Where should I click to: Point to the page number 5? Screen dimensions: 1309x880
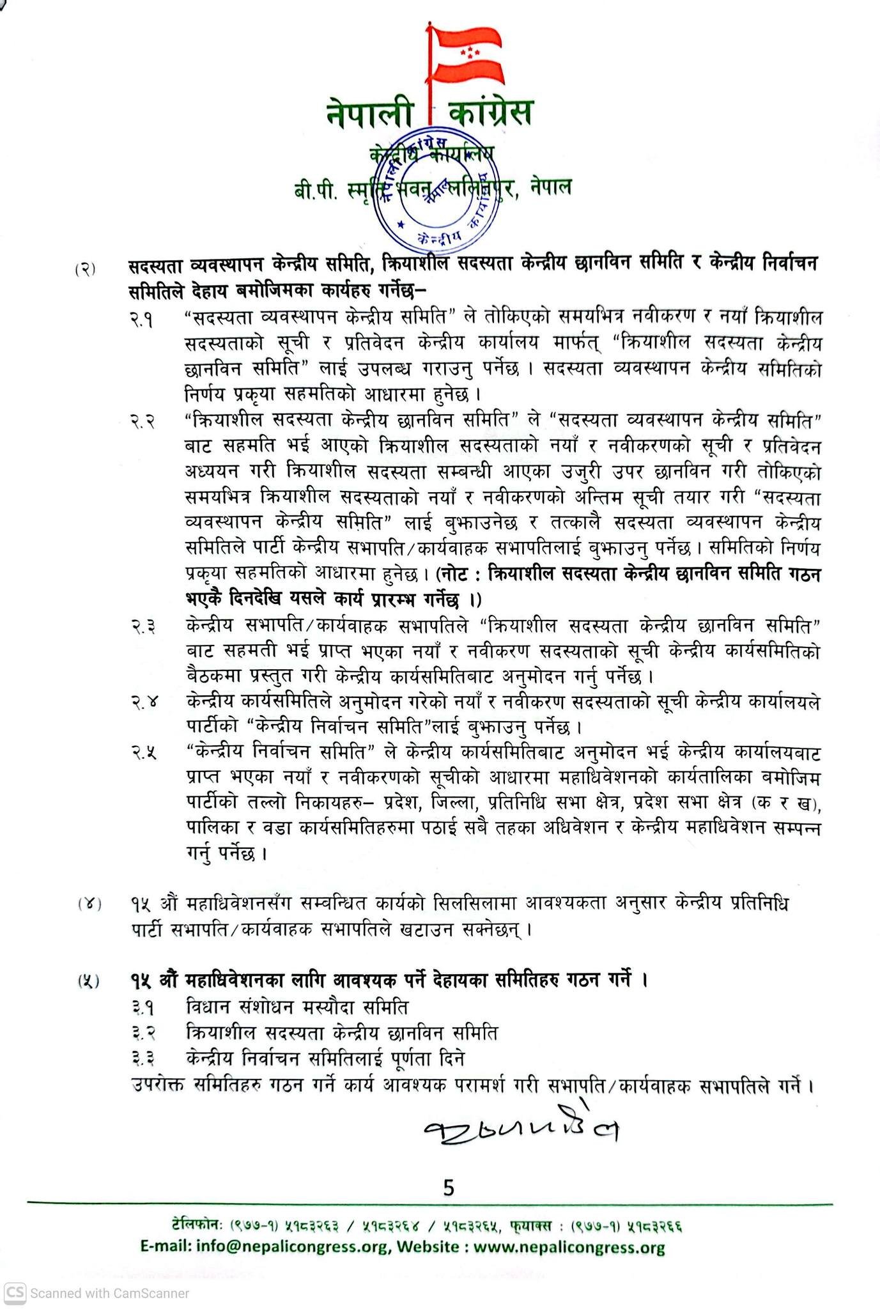coord(448,1188)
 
